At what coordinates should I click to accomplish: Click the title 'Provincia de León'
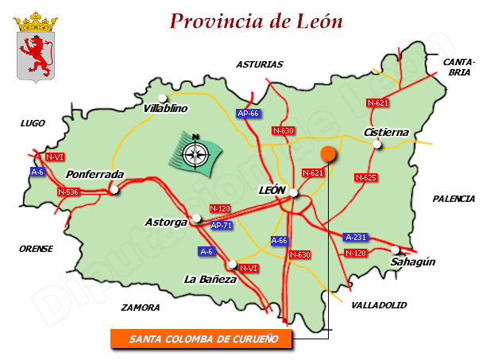point(257,21)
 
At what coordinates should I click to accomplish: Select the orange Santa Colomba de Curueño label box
point(200,339)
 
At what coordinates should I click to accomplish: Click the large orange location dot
point(327,155)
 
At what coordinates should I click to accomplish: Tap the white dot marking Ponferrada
point(115,189)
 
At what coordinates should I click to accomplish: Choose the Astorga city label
point(166,222)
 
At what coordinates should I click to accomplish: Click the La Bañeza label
point(210,279)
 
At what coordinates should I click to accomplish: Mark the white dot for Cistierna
point(378,144)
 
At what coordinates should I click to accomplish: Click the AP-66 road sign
point(249,114)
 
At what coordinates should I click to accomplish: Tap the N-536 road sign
point(68,192)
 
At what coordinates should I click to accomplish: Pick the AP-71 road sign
point(222,225)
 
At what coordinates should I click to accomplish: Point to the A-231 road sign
point(355,237)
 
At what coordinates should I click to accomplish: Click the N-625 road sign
point(365,177)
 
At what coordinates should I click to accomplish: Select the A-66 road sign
point(280,240)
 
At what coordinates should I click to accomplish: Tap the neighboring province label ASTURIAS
point(259,64)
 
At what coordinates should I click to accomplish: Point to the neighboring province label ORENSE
point(36,249)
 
